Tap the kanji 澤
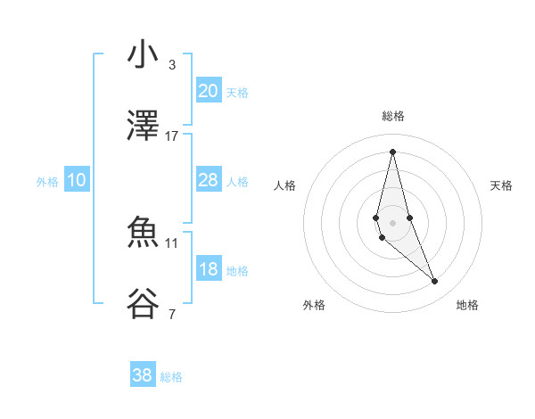pyautogui.click(x=143, y=127)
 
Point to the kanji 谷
pyautogui.click(x=143, y=305)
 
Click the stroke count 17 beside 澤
pyautogui.click(x=172, y=136)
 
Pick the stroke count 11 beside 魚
pyautogui.click(x=172, y=242)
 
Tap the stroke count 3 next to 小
pyautogui.click(x=172, y=64)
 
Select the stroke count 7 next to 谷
pyautogui.click(x=172, y=314)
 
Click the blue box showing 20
pyautogui.click(x=208, y=90)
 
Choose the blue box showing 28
pyautogui.click(x=208, y=179)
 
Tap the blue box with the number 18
pyautogui.click(x=208, y=268)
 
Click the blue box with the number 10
pyautogui.click(x=77, y=180)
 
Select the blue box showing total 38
pyautogui.click(x=143, y=375)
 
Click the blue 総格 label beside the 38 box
pyautogui.click(x=171, y=377)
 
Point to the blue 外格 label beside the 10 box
pyautogui.click(x=47, y=182)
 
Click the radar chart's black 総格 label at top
pyautogui.click(x=393, y=116)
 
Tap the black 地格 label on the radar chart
pyautogui.click(x=467, y=305)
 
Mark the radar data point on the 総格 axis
pyautogui.click(x=393, y=151)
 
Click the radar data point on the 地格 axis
pyautogui.click(x=435, y=282)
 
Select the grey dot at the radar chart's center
pyautogui.click(x=393, y=222)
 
